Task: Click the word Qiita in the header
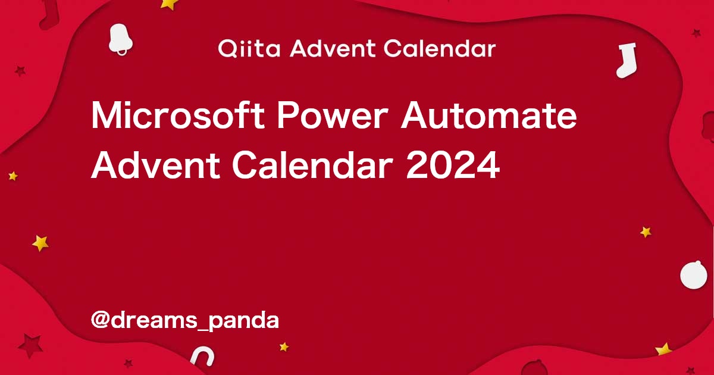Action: coord(249,49)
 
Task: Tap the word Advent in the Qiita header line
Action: coord(333,48)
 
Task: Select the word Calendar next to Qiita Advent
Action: coord(440,48)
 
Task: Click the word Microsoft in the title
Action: coord(178,115)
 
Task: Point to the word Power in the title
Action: coord(333,115)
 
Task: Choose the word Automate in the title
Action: coord(488,115)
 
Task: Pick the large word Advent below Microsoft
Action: coord(155,165)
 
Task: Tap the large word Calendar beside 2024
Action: coord(312,165)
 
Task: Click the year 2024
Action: coord(453,165)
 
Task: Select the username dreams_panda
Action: coord(195,320)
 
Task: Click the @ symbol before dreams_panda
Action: coord(100,320)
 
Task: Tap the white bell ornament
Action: coord(120,39)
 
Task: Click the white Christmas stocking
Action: coord(627,61)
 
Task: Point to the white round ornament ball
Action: coord(694,275)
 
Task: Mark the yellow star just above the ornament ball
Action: coord(646,232)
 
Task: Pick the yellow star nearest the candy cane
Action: coord(284,346)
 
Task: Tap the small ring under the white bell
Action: coord(122,52)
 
